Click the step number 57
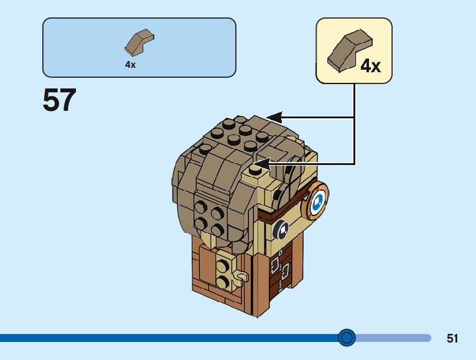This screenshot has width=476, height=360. tap(60, 100)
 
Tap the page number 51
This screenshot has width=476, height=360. tap(452, 339)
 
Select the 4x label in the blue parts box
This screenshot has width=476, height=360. tap(130, 65)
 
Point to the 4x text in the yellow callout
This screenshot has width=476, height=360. tap(371, 66)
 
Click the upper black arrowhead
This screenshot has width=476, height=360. tap(274, 117)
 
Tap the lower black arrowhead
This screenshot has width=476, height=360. tap(261, 164)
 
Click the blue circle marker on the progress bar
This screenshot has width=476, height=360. tap(347, 338)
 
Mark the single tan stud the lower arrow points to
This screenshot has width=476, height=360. tap(254, 169)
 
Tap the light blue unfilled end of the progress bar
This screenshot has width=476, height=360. tap(392, 338)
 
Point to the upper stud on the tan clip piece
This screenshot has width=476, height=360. tap(222, 267)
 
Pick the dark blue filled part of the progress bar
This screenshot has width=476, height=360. tap(168, 338)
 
